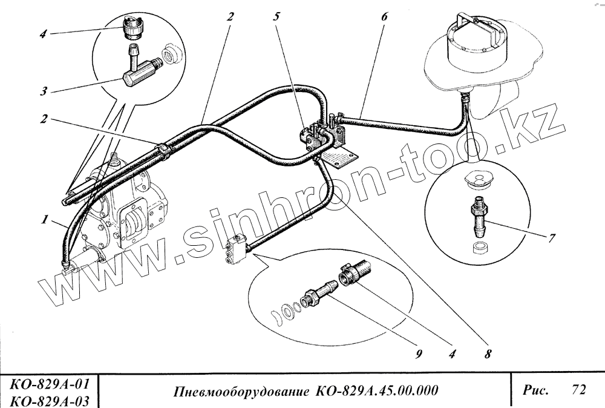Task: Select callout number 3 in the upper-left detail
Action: pyautogui.click(x=44, y=92)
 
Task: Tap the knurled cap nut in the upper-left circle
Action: pyautogui.click(x=132, y=27)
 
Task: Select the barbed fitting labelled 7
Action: pyautogui.click(x=478, y=215)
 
